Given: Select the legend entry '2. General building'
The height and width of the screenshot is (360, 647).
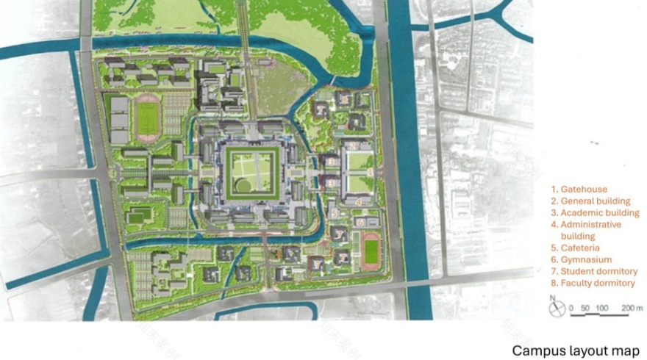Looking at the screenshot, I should pyautogui.click(x=595, y=201).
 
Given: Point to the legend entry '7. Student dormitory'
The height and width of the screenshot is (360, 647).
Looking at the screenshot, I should pyautogui.click(x=596, y=271).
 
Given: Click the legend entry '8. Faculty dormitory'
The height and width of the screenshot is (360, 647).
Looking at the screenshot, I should pyautogui.click(x=597, y=283).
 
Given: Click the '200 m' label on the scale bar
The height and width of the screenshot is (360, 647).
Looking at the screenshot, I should pyautogui.click(x=632, y=307).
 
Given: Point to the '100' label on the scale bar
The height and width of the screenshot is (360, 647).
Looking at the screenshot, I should pyautogui.click(x=601, y=307).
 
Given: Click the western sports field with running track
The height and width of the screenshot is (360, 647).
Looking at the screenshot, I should pyautogui.click(x=148, y=118).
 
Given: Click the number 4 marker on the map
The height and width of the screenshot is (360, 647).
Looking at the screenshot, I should pyautogui.click(x=358, y=201).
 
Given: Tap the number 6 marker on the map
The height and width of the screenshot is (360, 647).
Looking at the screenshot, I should pyautogui.click(x=361, y=222).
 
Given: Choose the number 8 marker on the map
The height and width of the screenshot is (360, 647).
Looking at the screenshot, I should pyautogui.click(x=343, y=98).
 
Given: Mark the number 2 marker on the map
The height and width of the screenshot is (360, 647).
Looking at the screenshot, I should pyautogui.click(x=332, y=161).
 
